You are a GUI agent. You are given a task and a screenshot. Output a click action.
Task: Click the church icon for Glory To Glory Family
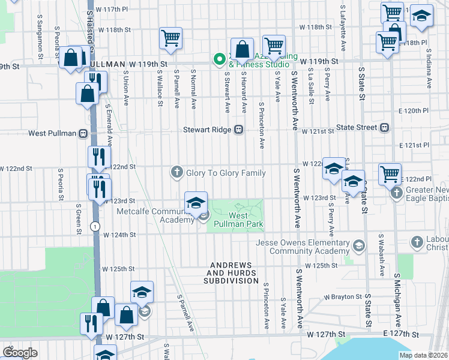177,173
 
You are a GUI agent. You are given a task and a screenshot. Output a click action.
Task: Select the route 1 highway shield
95,226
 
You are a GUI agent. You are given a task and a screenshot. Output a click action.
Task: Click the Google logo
20,353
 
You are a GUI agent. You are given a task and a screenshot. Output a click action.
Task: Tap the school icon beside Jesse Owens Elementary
358,245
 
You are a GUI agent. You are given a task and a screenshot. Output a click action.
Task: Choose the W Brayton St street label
343,296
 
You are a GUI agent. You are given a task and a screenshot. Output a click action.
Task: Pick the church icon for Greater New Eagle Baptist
396,193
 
